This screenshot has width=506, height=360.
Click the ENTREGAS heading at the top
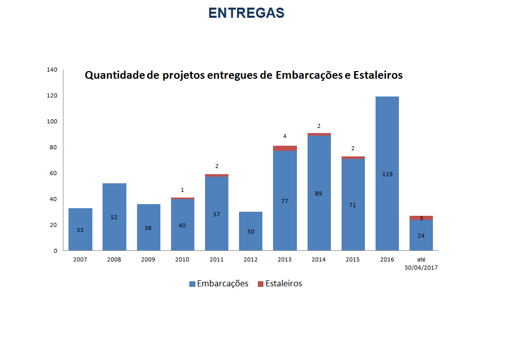[246, 13]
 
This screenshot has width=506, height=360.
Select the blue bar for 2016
[387, 152]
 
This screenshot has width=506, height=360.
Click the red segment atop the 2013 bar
[285, 148]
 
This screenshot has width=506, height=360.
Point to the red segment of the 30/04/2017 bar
[421, 218]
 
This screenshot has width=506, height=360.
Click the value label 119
[387, 174]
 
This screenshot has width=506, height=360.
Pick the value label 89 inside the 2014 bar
[319, 193]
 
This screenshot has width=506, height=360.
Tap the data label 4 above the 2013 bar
[285, 136]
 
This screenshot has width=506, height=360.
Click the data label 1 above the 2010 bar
[182, 190]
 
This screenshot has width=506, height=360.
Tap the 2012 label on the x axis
[250, 259]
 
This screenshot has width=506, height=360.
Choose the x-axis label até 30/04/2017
[421, 263]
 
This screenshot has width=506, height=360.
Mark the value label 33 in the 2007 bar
[80, 230]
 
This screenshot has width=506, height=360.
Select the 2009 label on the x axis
[148, 259]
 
